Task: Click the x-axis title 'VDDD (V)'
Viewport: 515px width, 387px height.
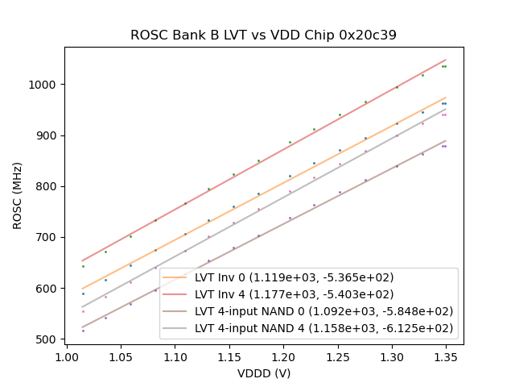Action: pos(263,373)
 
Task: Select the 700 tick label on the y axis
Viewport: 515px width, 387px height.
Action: pos(49,238)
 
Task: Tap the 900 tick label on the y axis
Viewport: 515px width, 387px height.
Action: pos(49,135)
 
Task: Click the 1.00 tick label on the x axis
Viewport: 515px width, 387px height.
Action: pos(66,356)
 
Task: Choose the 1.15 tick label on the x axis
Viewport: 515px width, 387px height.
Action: pos(229,356)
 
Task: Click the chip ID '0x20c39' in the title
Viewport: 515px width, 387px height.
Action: pos(369,35)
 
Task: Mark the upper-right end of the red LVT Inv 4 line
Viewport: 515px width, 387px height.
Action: pos(445,60)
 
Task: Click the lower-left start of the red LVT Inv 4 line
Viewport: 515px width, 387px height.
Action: pos(82,260)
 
